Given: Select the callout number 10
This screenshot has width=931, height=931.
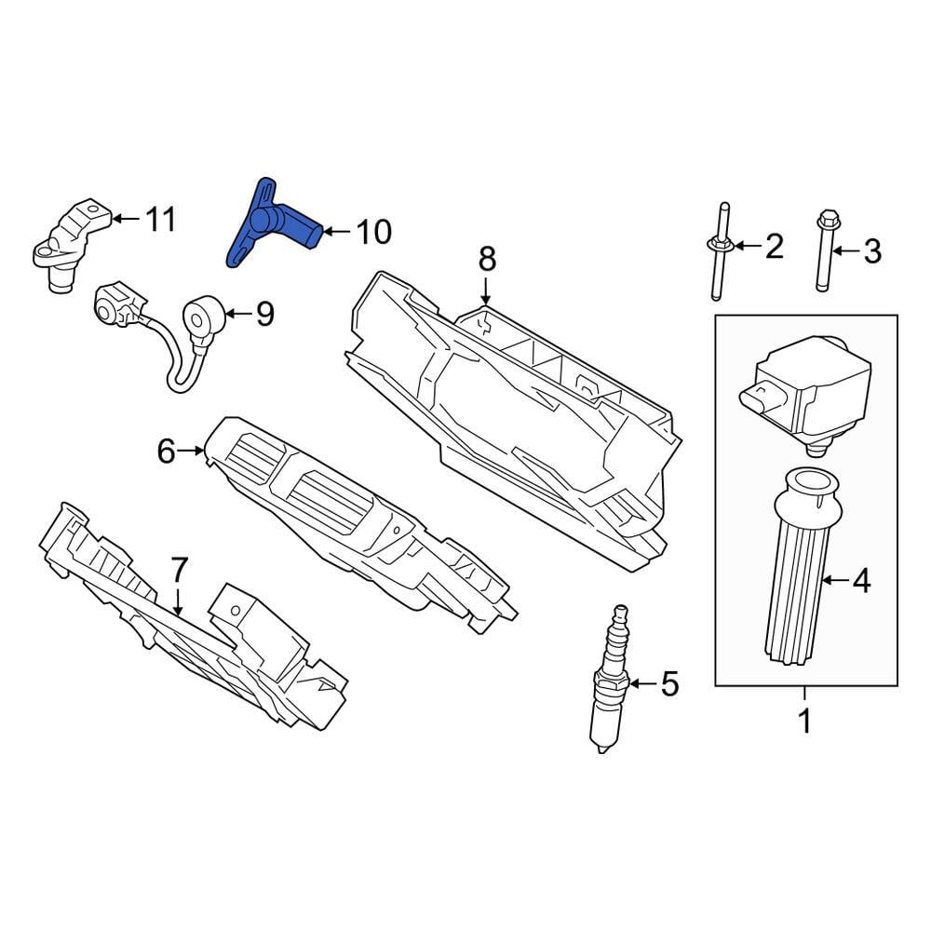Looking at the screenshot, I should pos(373,232).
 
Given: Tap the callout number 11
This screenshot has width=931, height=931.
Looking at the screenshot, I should pos(159,220).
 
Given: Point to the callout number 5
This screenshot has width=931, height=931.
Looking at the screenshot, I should pos(669,684).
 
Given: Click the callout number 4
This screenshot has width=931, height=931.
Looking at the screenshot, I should pos(861,582).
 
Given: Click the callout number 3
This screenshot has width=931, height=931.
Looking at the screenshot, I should pos(870,250).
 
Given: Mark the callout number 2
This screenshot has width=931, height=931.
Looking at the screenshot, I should pos(775,247).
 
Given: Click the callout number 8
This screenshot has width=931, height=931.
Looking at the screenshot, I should pos(488,259).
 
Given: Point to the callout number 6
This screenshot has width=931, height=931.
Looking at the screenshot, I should pos(166,452).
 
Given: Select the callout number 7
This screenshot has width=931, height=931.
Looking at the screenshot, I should pos(179,569).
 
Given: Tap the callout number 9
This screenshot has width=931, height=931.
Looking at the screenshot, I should pos(265,315).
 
